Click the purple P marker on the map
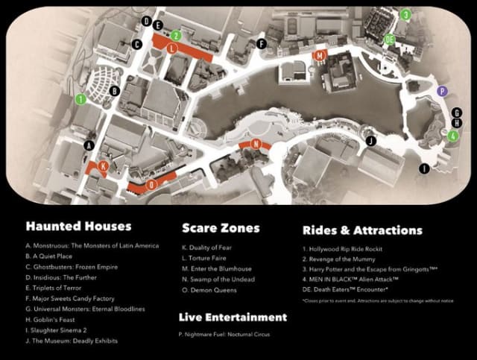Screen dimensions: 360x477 (443, 91)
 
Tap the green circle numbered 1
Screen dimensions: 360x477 (80, 98)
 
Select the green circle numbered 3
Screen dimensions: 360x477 (405, 14)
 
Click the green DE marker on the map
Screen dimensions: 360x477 (389, 39)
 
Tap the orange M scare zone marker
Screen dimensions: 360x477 (320, 56)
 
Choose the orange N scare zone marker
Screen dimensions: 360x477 (256, 143)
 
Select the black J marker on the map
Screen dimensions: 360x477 (370, 139)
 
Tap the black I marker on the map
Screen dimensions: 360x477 (424, 169)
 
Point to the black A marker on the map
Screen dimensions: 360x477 (89, 145)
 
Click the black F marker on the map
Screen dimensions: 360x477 (261, 44)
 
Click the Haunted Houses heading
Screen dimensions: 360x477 (78, 226)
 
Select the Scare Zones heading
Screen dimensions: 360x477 (221, 227)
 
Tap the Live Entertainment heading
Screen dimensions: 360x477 (232, 317)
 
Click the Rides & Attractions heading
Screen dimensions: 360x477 (362, 230)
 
